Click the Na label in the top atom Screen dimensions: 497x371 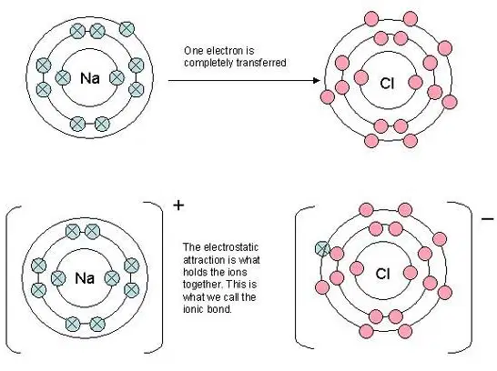[x=90, y=78]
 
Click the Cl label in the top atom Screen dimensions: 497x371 [x=387, y=84]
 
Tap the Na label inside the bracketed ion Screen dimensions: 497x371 [x=85, y=278]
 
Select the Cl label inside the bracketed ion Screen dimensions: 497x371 [x=382, y=274]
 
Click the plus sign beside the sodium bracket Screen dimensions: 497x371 [x=178, y=206]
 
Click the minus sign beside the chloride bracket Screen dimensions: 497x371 [x=488, y=219]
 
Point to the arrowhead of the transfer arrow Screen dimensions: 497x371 [x=317, y=80]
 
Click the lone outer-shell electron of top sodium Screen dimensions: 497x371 [x=127, y=29]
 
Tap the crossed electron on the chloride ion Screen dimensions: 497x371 [x=322, y=248]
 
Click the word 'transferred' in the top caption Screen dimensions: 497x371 [x=262, y=63]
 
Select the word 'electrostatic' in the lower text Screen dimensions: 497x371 [x=231, y=247]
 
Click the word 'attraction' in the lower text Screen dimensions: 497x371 [x=204, y=260]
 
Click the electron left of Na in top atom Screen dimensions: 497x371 [x=63, y=77]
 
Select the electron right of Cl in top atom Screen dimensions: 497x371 [x=416, y=83]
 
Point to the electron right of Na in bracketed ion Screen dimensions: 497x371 [x=112, y=278]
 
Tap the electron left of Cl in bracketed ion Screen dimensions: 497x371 [x=357, y=268]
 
